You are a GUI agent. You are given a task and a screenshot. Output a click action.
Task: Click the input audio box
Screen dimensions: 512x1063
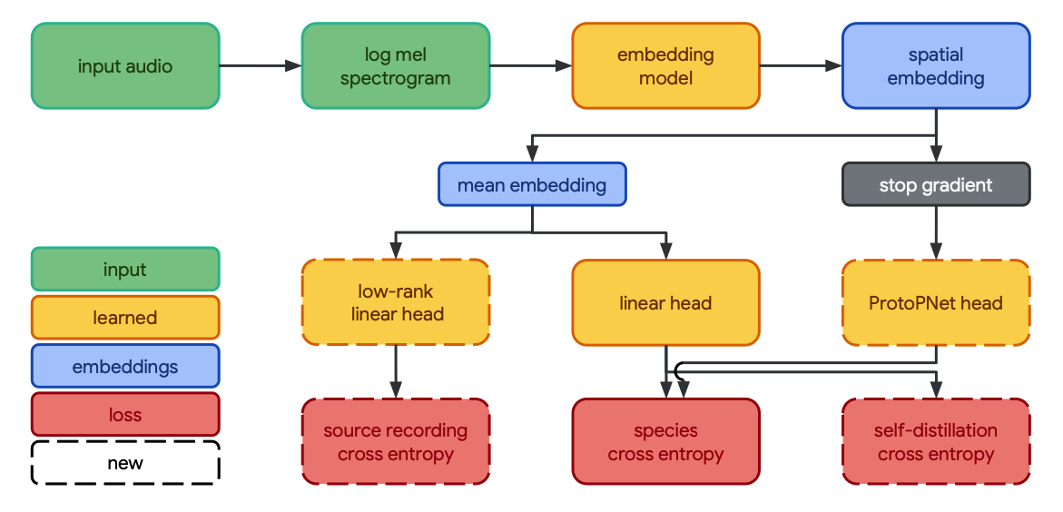pos(125,66)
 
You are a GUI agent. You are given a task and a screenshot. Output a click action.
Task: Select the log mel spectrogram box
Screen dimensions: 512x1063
pos(395,66)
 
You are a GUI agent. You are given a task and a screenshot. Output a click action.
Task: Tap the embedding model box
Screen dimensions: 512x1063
pos(665,66)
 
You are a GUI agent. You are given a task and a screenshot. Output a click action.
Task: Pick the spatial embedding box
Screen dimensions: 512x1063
pos(935,66)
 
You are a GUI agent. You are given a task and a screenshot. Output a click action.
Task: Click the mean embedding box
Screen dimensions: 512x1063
pos(532,185)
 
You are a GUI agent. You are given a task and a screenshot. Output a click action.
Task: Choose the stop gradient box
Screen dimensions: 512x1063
pos(935,185)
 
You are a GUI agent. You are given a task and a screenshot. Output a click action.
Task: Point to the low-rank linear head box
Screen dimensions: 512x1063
pos(395,302)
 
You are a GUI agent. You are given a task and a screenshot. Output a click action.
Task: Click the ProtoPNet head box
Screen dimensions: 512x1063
pos(935,302)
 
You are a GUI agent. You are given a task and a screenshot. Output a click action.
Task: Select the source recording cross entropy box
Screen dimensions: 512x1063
pos(395,441)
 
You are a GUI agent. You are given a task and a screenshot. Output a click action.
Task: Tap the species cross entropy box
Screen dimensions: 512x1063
pos(665,441)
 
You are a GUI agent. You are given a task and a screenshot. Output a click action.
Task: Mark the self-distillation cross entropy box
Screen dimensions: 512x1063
pos(935,441)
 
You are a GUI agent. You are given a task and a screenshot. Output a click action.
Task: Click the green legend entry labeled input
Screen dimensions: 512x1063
pos(125,270)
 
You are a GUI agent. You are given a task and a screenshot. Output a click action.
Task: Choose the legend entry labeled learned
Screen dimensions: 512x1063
pos(125,318)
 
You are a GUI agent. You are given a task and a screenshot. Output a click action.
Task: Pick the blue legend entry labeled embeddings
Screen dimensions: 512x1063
pos(125,367)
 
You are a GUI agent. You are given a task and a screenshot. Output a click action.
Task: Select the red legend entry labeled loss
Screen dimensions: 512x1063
pos(125,415)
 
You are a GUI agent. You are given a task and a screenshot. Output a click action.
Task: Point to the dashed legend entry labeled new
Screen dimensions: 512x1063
pos(125,463)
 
